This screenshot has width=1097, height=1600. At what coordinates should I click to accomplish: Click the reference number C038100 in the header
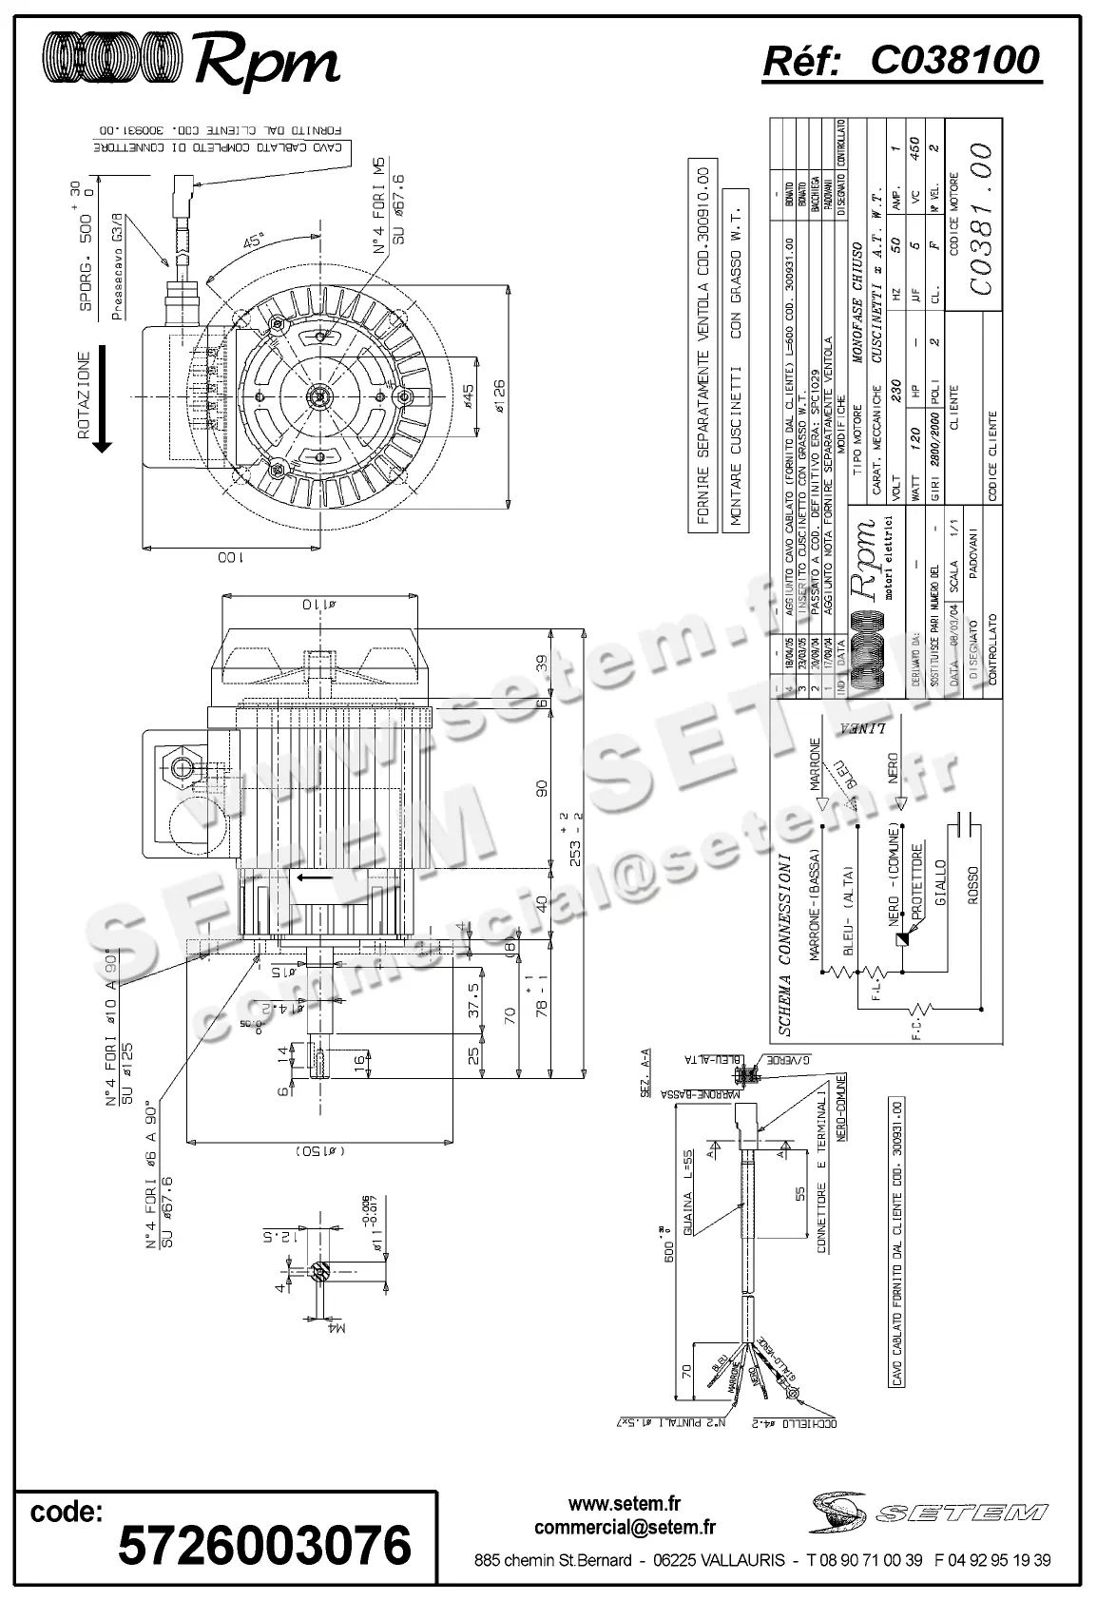click(x=955, y=61)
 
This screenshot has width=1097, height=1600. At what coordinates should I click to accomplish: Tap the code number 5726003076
click(x=264, y=1544)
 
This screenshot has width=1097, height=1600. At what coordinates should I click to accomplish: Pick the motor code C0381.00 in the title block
click(x=976, y=220)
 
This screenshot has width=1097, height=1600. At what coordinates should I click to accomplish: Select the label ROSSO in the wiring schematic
click(x=972, y=885)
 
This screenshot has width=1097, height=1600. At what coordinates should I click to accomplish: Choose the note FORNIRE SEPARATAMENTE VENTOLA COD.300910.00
click(x=703, y=346)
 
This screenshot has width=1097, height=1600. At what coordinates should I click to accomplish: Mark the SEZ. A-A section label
click(x=645, y=1070)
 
